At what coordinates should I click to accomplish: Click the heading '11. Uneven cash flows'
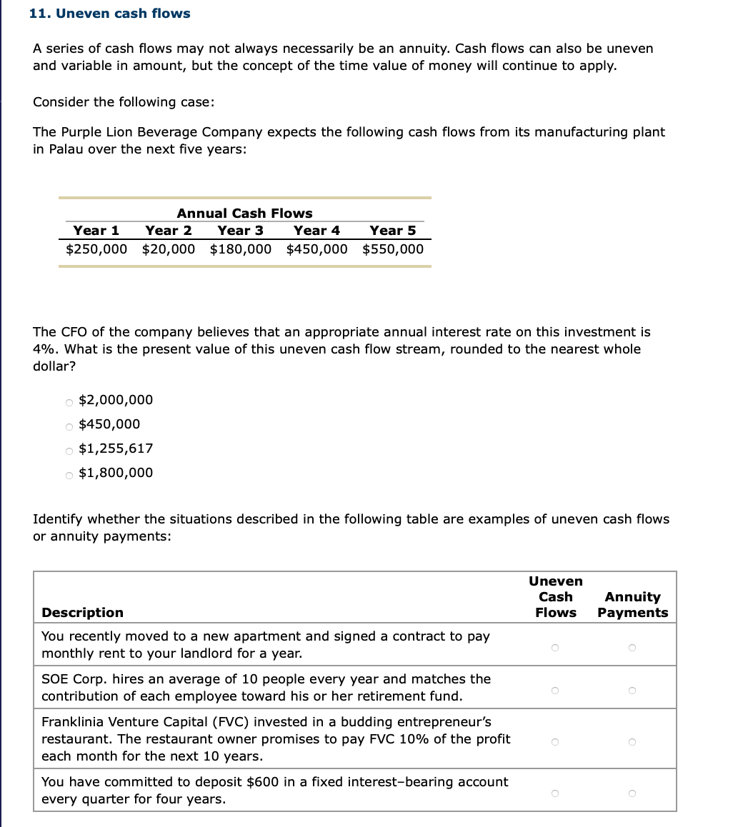tap(110, 14)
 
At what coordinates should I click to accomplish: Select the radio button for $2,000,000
tap(69, 401)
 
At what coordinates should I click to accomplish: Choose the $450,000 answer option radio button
tap(69, 426)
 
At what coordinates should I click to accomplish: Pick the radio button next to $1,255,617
tap(69, 450)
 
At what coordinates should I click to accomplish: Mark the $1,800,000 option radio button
tap(69, 474)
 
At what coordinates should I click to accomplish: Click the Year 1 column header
tap(96, 231)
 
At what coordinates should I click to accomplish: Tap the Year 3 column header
tap(240, 231)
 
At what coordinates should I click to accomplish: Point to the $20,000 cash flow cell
tap(169, 249)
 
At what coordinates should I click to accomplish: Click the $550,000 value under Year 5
tap(393, 249)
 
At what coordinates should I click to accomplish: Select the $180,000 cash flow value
tap(241, 249)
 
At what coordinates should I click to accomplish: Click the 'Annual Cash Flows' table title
tap(244, 214)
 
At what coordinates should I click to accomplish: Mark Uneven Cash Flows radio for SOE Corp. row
tap(554, 691)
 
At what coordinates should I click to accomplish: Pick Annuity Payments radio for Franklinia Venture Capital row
tap(632, 742)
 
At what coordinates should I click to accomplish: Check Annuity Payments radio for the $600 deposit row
tap(632, 793)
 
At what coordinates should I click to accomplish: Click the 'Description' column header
tap(82, 613)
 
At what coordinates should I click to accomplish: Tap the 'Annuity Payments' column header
tap(632, 605)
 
